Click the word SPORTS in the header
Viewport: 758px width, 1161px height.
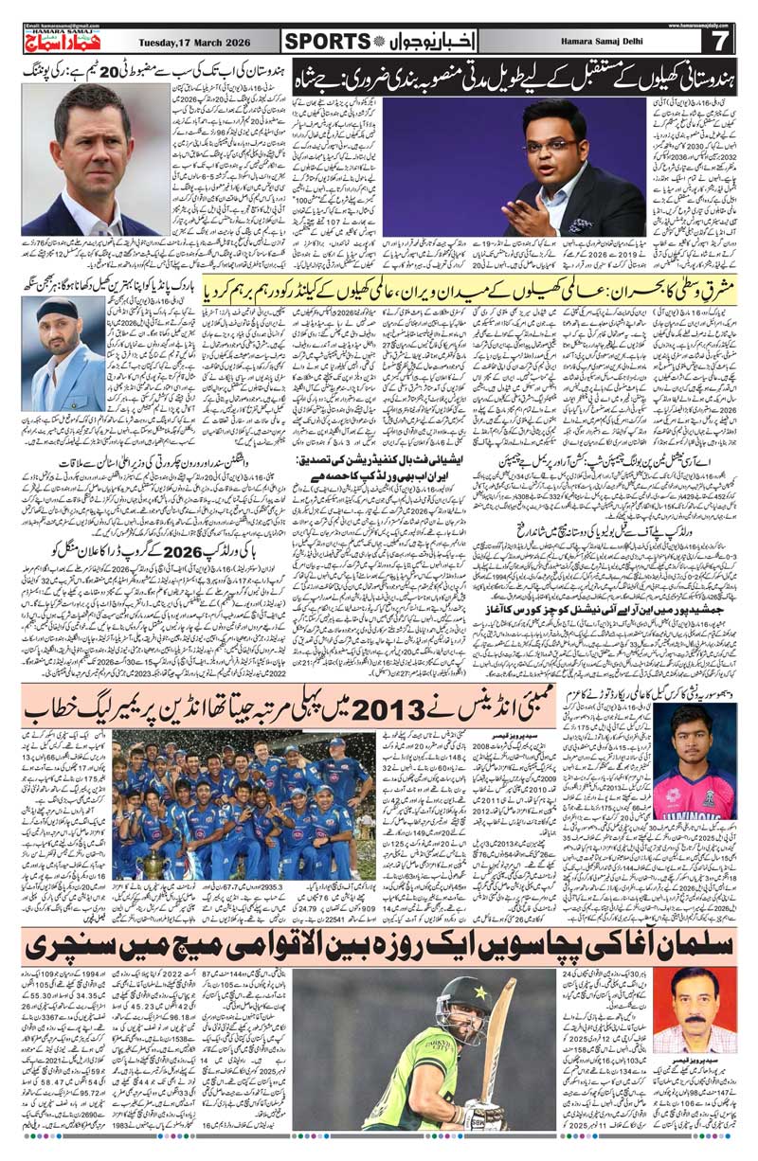(x=327, y=41)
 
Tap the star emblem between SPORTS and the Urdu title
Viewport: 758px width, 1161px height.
(x=380, y=41)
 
